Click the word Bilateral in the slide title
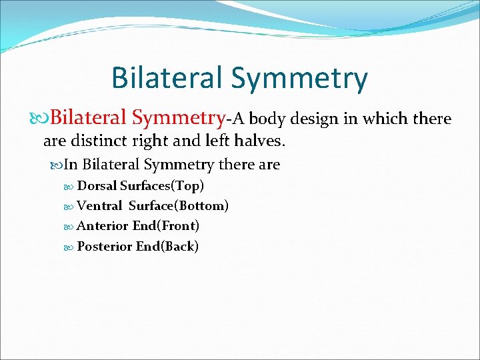tap(167, 77)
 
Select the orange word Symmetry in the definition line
tap(181, 119)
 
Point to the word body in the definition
tap(267, 119)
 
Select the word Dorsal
tap(97, 185)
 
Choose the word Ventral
tap(99, 206)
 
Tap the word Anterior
tap(103, 226)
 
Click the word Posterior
tap(105, 247)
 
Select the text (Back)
tap(181, 247)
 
